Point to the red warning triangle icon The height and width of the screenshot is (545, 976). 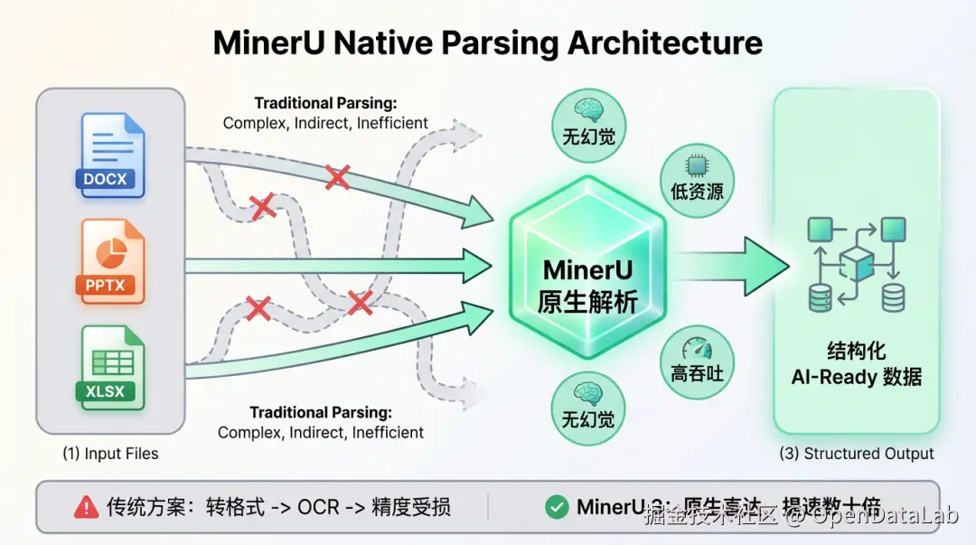[x=86, y=507]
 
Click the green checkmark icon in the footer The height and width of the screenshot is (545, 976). [x=557, y=507]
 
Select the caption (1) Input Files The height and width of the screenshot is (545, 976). [x=110, y=454]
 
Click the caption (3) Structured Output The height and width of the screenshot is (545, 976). [x=857, y=454]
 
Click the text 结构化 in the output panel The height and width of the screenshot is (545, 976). [x=857, y=351]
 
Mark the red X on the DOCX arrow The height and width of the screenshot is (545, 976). [x=337, y=177]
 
